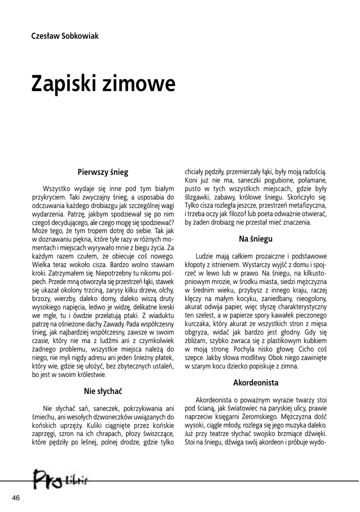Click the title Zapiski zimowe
coord(103,83)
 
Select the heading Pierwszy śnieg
coord(103,172)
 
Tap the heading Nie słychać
coord(103,389)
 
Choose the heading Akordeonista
coord(255,383)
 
